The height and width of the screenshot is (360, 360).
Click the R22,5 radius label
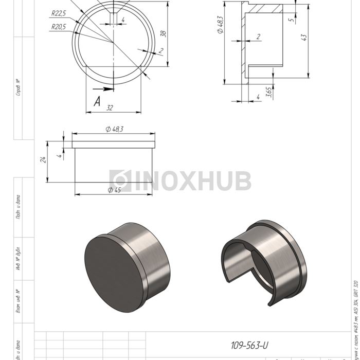tap(59, 13)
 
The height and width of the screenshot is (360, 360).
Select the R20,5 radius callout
tap(59, 27)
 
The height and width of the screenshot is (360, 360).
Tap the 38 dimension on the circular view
tap(164, 33)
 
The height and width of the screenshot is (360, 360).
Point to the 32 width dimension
tap(110, 107)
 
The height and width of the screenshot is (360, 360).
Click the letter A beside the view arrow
tap(97, 101)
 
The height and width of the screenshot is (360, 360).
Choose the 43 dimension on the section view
tap(304, 38)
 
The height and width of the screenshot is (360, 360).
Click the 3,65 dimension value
tap(268, 92)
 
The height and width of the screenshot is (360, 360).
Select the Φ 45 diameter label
tap(114, 190)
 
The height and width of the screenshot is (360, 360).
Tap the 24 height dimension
tap(44, 160)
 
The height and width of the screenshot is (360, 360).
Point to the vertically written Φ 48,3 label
tap(220, 25)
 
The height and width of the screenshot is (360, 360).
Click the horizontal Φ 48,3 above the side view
tap(114, 129)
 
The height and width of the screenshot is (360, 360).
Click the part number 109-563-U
tap(249, 346)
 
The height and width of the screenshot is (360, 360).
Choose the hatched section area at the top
tap(265, 9)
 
